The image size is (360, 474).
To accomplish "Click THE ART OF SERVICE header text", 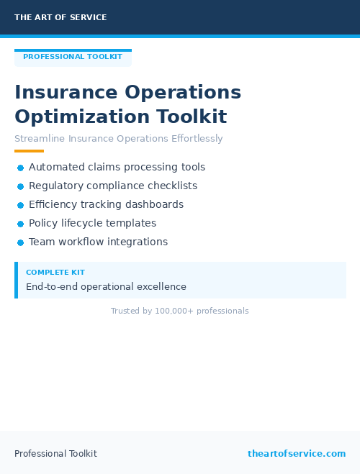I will (60, 17).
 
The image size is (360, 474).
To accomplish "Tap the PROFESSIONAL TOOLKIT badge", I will (73, 57).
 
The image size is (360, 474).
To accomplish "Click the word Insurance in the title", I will (66, 93).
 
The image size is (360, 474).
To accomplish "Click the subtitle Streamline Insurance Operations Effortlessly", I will (119, 139).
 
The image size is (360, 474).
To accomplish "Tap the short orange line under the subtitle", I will (29, 151).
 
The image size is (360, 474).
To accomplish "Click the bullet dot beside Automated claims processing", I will (20, 168).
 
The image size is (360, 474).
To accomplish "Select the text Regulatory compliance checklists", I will (113, 186).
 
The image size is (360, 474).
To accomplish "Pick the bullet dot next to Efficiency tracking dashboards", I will (20, 205).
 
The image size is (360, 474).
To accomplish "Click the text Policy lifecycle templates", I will (92, 223).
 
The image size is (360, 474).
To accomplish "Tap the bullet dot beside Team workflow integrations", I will (20, 242).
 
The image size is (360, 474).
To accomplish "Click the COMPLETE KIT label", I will (55, 273).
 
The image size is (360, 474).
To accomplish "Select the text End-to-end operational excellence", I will (106, 286).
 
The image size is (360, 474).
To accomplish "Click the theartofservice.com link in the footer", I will (297, 453).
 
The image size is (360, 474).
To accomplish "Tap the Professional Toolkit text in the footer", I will (55, 453).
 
